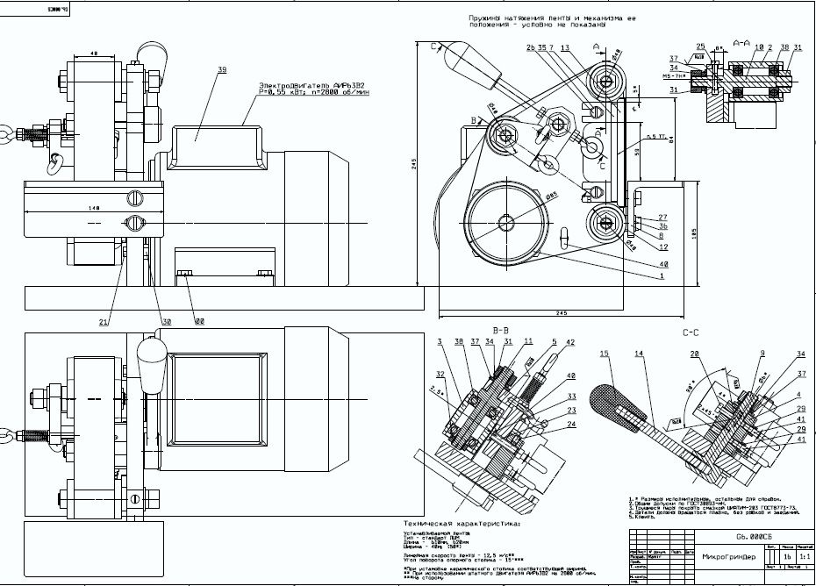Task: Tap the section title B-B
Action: [501, 330]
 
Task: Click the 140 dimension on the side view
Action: [94, 208]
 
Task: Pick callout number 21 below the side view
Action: [104, 323]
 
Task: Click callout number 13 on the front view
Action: [565, 47]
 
